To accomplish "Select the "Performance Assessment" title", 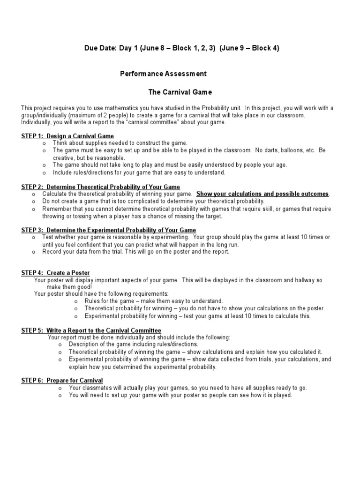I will coord(163,74).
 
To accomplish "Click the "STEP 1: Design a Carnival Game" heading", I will coord(67,136).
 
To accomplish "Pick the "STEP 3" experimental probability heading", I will coord(108,230).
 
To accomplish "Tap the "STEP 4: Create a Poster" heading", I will coord(55,273).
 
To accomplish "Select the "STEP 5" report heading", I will coord(91,330).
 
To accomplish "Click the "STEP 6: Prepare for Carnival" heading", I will coord(62,380).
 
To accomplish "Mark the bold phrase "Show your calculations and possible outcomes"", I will coord(262,194).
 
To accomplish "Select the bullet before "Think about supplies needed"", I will coord(44,143).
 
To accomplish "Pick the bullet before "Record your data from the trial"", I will coord(34,252).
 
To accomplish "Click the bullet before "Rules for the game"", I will coord(76,301).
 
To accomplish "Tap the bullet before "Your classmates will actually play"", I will coord(60,388).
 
